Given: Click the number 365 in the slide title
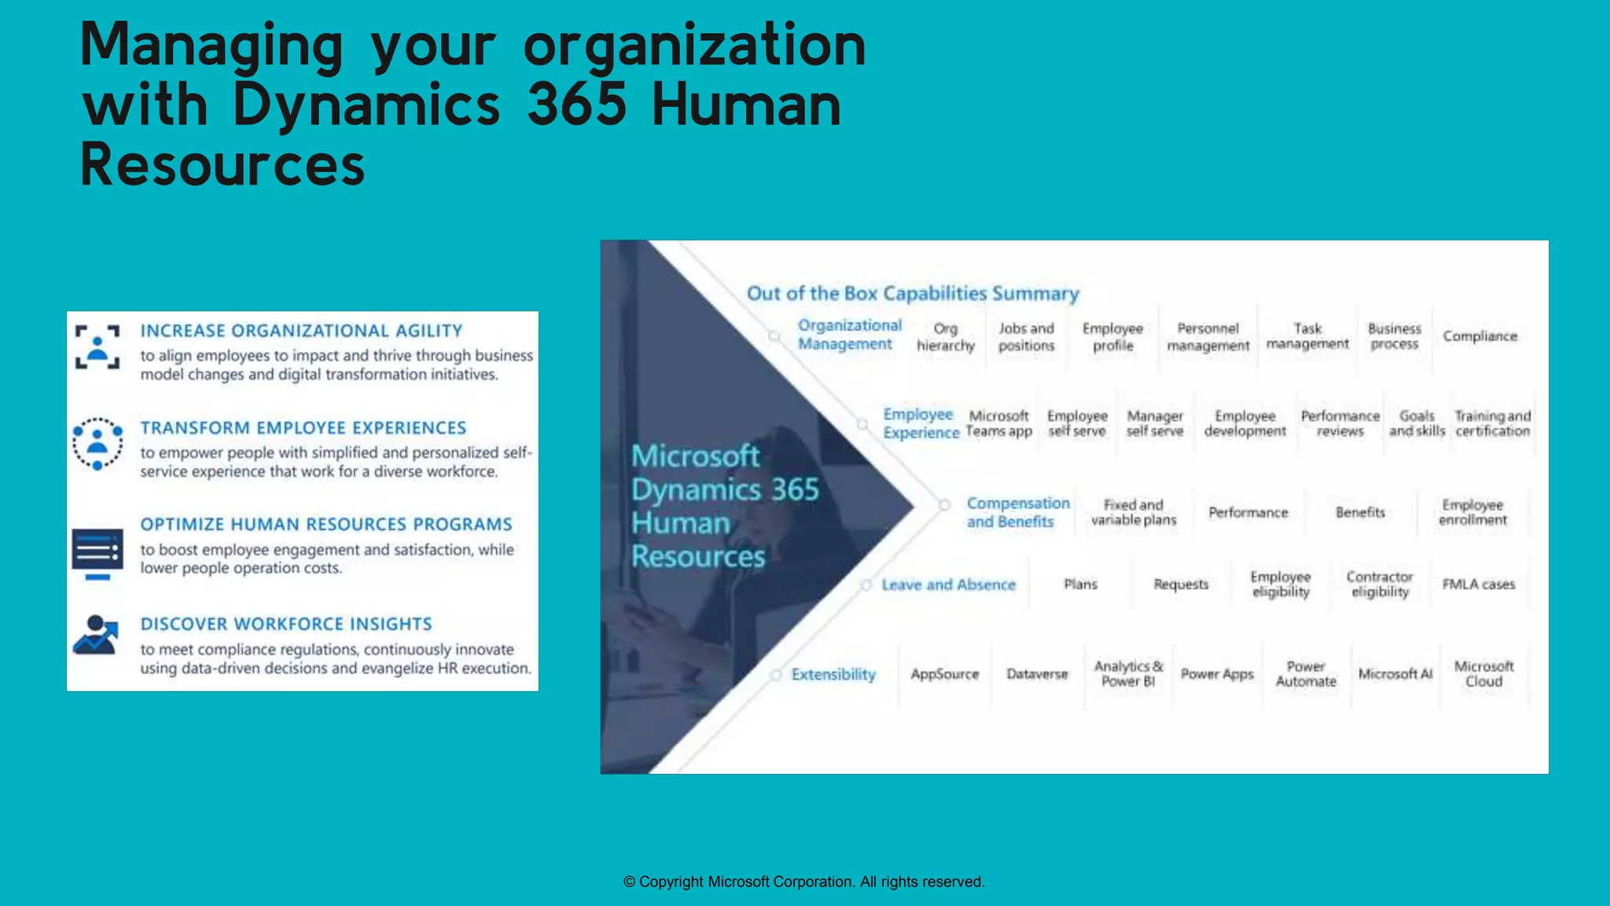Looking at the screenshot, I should [577, 105].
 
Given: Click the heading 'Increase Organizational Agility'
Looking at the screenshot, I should [301, 331].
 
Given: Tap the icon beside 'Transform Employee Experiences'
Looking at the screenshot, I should [97, 444].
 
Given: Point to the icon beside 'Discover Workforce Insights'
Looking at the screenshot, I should [96, 635].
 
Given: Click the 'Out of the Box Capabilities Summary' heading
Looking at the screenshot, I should [913, 293].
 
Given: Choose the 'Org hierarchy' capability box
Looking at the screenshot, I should [946, 337].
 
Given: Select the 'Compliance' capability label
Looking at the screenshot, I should [1480, 337].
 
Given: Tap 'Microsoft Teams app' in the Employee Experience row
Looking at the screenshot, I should [998, 423].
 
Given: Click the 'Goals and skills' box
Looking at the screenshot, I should [1417, 423].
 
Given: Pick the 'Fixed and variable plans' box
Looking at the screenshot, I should [1134, 512].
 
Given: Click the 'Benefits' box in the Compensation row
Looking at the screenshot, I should [1360, 513].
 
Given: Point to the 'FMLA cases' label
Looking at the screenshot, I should [1478, 584].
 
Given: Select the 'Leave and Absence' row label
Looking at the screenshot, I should [948, 584].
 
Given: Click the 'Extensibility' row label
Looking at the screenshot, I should [833, 674].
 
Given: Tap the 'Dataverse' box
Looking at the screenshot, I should [1037, 674].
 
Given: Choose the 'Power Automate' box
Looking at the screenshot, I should [1306, 674].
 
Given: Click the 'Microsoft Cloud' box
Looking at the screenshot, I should [1483, 674].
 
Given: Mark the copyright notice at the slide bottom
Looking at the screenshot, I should [803, 882].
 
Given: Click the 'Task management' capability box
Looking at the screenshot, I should [1307, 337].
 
